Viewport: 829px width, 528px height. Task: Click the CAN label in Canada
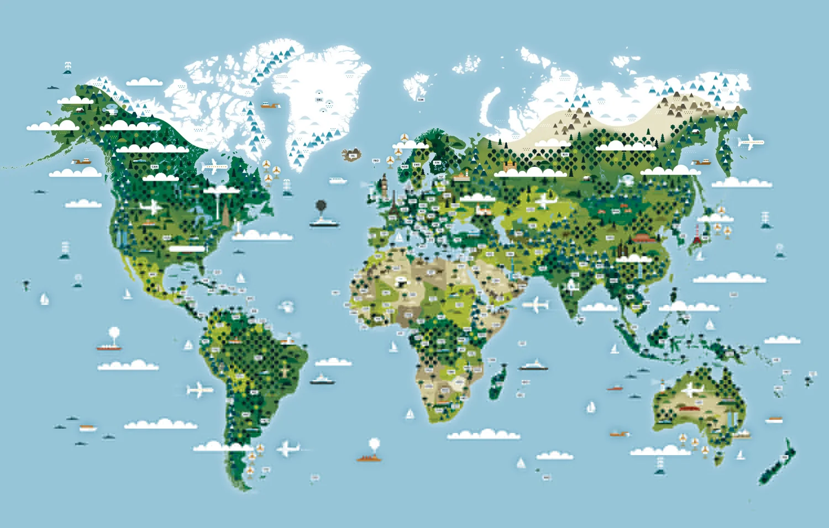point(155,166)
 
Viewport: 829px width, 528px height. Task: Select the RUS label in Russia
point(565,155)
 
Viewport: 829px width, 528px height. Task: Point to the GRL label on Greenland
point(319,99)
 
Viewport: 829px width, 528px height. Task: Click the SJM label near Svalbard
point(421,99)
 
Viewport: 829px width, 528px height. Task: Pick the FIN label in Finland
point(437,162)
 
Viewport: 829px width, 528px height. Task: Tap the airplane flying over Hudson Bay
point(216,166)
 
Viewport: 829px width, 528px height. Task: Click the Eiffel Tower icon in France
point(393,205)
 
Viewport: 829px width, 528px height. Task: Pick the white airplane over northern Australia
point(691,391)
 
